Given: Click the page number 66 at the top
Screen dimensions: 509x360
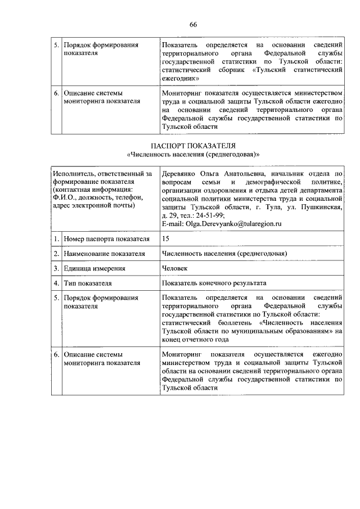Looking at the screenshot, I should [193, 24].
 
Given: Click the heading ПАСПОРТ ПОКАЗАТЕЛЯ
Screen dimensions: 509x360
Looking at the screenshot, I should [193, 145].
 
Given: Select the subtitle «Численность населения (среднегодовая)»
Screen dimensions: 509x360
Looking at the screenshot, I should [193, 154].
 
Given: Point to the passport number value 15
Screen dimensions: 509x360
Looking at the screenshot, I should [165, 239].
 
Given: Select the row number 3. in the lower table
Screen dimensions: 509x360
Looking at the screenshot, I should [56, 268].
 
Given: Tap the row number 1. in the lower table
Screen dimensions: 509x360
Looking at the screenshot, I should [56, 239].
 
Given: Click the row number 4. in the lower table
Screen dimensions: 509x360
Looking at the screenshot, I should [56, 283].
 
